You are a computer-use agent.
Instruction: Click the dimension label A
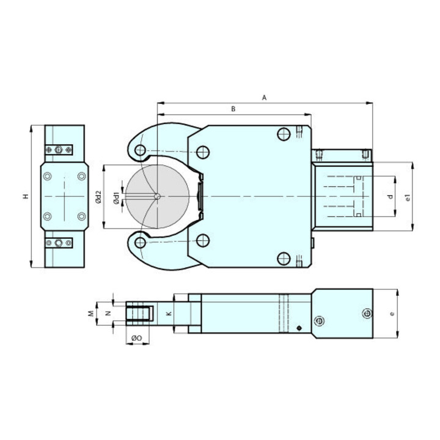[x=264, y=98]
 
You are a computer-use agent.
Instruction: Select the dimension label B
[x=233, y=109]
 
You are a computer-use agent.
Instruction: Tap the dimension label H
[x=26, y=196]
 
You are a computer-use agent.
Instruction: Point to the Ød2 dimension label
[x=98, y=197]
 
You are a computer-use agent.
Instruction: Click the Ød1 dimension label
[x=116, y=198]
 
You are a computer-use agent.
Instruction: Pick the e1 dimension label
[x=408, y=197]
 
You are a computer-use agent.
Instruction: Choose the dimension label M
[x=91, y=313]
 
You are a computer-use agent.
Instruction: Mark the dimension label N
[x=108, y=313]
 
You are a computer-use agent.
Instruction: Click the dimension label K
[x=169, y=313]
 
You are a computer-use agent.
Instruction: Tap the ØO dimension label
[x=137, y=338]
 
